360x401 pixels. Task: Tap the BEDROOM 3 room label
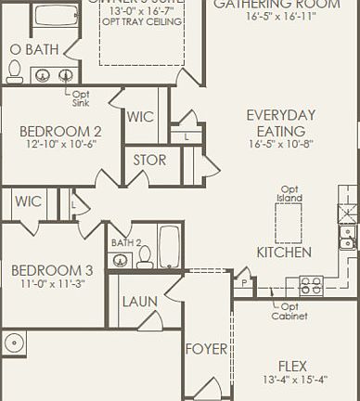pyautogui.click(x=52, y=270)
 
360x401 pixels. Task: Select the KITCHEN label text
pyautogui.click(x=283, y=252)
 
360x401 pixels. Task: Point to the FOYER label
pyautogui.click(x=206, y=349)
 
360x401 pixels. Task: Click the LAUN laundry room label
pyautogui.click(x=139, y=302)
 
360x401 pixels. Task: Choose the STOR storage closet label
pyautogui.click(x=149, y=160)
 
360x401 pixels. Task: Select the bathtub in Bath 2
pyautogui.click(x=170, y=244)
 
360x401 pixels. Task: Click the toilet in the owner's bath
pyautogui.click(x=14, y=71)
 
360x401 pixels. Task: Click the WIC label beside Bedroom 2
pyautogui.click(x=141, y=117)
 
